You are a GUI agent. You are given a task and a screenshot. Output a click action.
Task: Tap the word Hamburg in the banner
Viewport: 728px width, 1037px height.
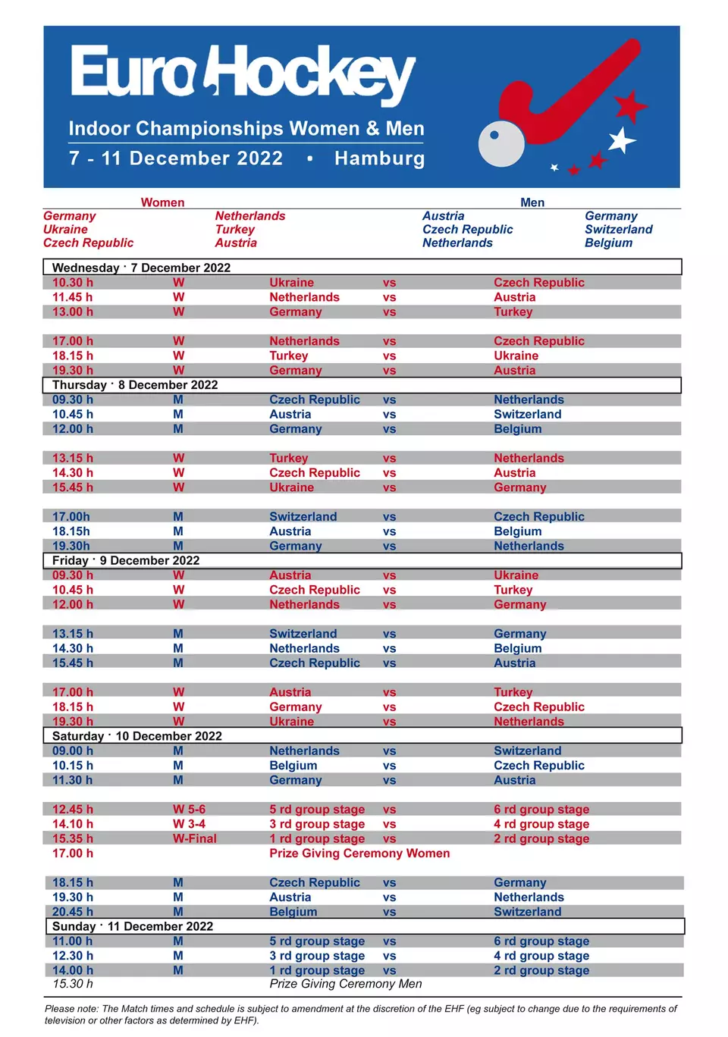[379, 158]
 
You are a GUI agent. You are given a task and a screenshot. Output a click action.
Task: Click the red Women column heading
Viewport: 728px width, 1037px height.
[162, 202]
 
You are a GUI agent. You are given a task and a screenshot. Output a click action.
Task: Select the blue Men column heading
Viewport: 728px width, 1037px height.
[532, 202]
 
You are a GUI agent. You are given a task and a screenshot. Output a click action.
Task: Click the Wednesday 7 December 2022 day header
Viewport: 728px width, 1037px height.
[141, 268]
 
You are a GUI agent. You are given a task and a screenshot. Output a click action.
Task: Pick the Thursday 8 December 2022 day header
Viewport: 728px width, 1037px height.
[135, 385]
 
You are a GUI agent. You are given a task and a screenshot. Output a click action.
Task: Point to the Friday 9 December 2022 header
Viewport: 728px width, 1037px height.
[126, 560]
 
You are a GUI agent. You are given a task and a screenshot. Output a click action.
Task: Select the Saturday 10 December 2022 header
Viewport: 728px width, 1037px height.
[137, 736]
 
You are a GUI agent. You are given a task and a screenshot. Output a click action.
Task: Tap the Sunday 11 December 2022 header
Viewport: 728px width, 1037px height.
[133, 926]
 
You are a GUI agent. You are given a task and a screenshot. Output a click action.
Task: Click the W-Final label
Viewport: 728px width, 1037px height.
[194, 838]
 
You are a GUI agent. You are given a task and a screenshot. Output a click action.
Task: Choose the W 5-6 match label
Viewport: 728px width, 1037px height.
[189, 810]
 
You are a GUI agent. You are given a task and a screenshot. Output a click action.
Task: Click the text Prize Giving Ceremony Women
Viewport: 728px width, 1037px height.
[359, 854]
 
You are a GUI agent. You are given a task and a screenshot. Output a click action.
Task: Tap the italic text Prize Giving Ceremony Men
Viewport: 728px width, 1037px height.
[346, 984]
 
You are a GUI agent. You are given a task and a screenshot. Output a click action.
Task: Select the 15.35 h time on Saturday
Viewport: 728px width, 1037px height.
[73, 838]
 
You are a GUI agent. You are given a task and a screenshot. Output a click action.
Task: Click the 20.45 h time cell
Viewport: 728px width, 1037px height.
[73, 912]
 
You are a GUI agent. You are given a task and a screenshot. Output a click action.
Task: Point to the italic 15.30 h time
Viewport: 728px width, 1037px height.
[73, 984]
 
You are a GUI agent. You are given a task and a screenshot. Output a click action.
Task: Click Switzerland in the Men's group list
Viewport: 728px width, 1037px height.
[618, 230]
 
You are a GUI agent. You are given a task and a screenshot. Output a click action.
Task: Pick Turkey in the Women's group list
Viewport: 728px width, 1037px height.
[234, 230]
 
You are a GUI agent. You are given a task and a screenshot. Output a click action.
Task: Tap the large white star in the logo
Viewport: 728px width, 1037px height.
[622, 140]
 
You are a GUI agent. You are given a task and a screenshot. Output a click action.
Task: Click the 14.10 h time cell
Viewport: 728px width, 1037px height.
[73, 824]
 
